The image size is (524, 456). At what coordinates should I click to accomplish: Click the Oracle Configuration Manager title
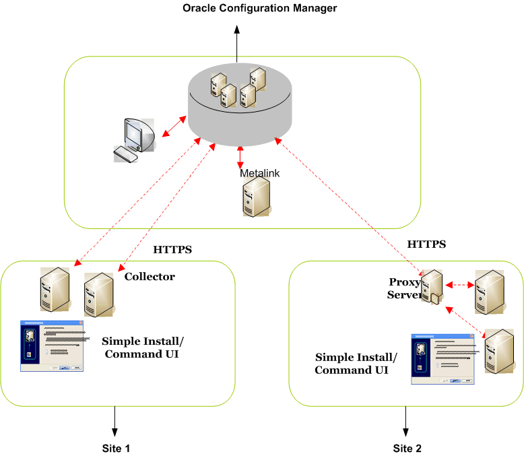pos(259,9)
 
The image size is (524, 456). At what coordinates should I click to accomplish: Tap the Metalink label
pos(260,173)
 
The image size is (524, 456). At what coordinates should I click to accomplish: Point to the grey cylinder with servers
pos(240,104)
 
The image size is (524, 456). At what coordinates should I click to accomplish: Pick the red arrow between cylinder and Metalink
pos(240,156)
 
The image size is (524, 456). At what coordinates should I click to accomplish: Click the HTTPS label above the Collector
pos(173,250)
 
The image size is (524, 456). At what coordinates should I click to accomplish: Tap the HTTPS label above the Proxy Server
pos(427,245)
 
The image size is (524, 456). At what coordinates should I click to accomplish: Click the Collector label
pos(150,277)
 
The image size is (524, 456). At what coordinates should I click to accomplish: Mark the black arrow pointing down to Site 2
pos(406,422)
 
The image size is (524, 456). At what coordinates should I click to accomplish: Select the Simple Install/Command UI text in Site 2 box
pos(356,364)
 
